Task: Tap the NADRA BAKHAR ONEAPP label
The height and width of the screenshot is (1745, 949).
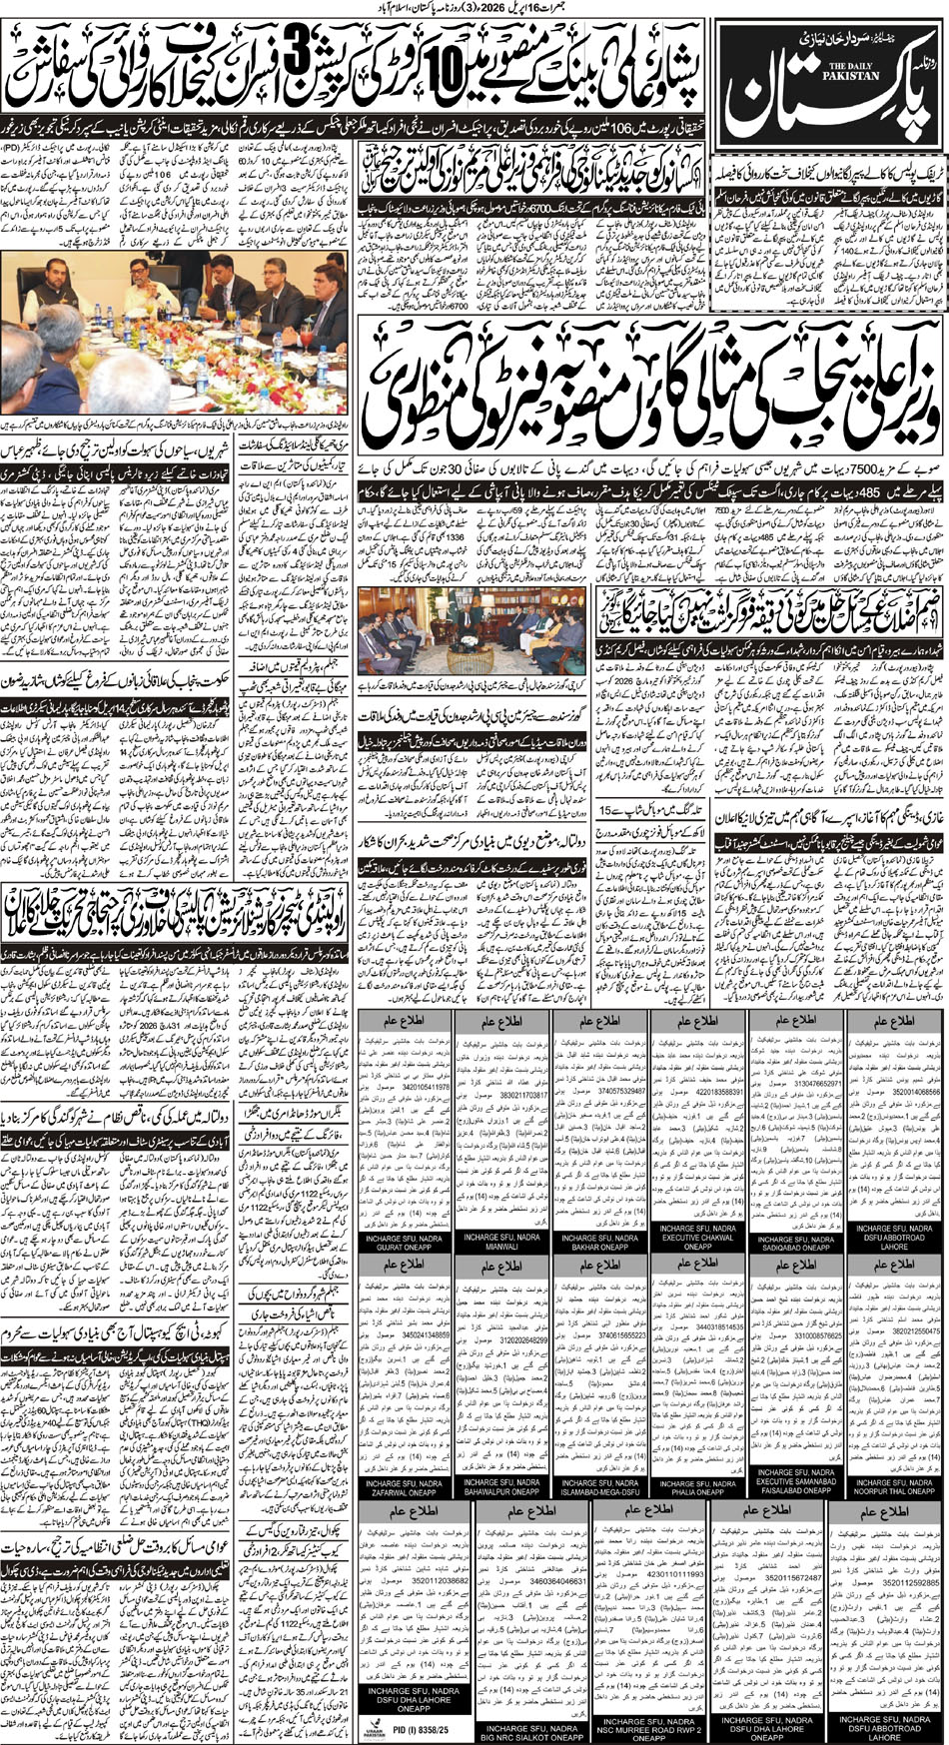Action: click(x=600, y=1243)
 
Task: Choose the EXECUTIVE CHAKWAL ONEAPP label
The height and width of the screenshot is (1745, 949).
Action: click(x=698, y=1243)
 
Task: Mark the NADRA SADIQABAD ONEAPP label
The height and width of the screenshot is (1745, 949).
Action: click(x=796, y=1243)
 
